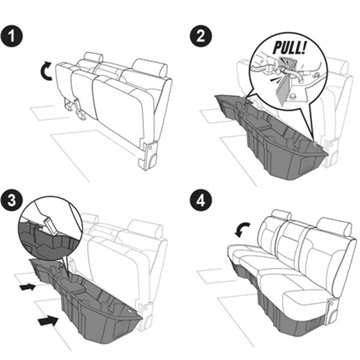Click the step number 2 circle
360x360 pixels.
(201, 37)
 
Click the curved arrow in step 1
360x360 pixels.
(46, 72)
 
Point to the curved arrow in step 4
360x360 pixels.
(241, 228)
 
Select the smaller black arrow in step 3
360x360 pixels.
(27, 287)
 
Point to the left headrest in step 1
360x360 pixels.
(93, 57)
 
